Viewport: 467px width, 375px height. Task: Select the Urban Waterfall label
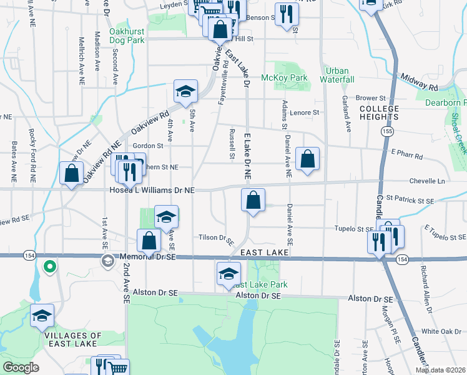click(337, 75)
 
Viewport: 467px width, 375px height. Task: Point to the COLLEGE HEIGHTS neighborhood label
click(379, 113)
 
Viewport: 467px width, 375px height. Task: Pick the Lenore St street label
click(305, 112)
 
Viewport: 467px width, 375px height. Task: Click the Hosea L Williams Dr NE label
click(152, 189)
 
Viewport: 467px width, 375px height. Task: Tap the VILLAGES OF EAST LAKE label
click(71, 339)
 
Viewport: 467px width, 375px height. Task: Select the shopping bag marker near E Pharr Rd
click(308, 160)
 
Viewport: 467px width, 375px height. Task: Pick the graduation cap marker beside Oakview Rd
click(185, 92)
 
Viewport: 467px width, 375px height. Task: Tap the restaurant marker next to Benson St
click(286, 14)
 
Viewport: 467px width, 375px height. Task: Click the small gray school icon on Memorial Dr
click(107, 260)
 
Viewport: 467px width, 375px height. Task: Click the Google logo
click(21, 367)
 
